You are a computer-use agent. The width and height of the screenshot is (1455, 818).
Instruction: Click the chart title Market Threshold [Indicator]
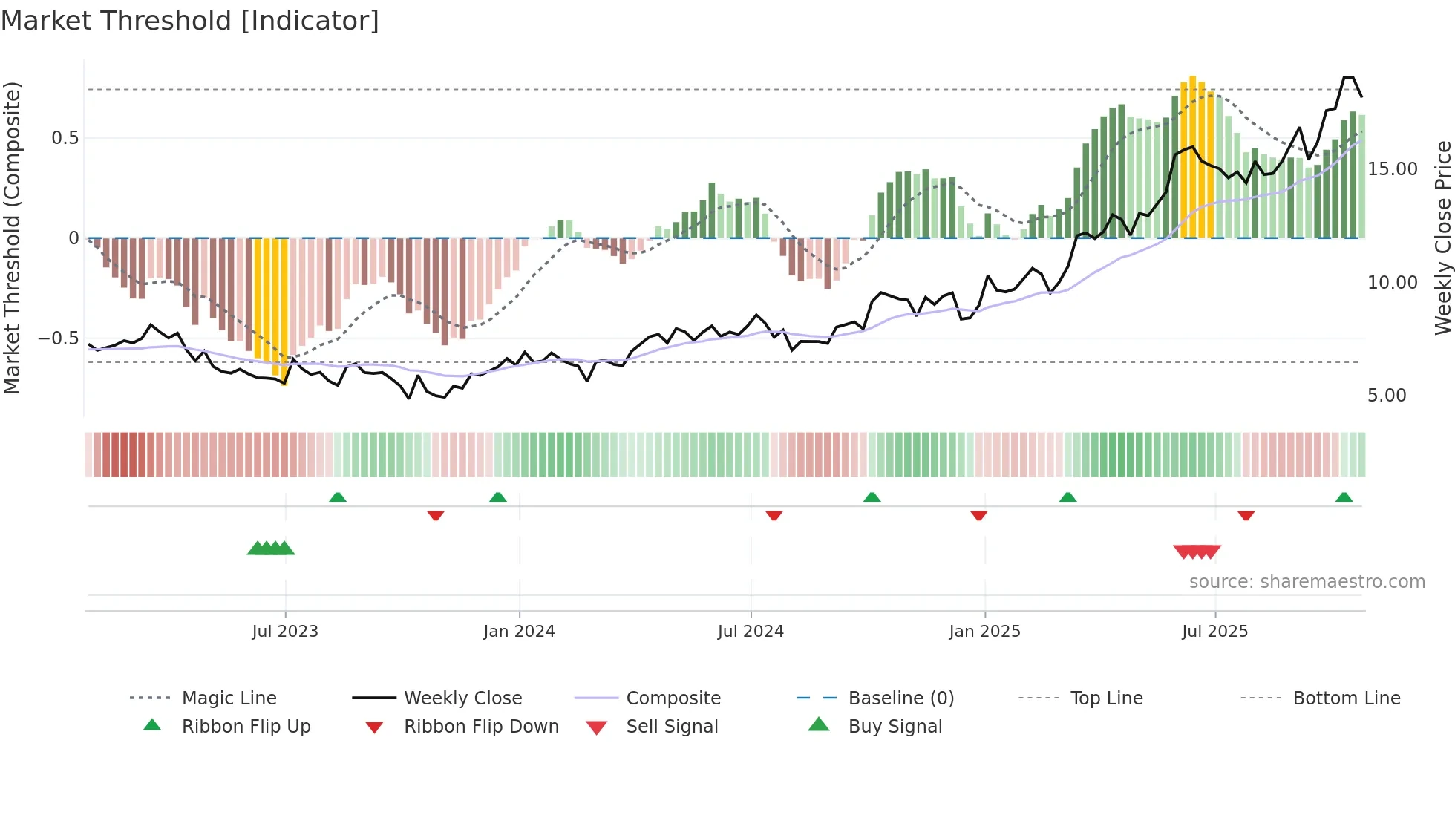pyautogui.click(x=190, y=21)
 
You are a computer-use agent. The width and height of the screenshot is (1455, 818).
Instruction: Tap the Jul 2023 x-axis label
pyautogui.click(x=285, y=632)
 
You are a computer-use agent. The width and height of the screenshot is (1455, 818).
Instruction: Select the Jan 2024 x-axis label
pyautogui.click(x=519, y=632)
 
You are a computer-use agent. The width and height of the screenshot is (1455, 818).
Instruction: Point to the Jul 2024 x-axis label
pyautogui.click(x=751, y=632)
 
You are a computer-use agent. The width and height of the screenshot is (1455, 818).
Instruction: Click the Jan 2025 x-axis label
pyautogui.click(x=984, y=632)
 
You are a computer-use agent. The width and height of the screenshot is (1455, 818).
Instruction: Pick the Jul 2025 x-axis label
pyautogui.click(x=1214, y=632)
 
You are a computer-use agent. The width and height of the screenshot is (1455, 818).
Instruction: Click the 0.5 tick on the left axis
pyautogui.click(x=65, y=138)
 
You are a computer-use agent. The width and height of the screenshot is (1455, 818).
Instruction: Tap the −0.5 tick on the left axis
pyautogui.click(x=59, y=338)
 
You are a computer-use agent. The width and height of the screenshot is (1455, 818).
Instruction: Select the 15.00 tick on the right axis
pyautogui.click(x=1393, y=169)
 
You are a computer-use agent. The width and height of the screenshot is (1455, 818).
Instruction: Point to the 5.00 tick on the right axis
pyautogui.click(x=1387, y=396)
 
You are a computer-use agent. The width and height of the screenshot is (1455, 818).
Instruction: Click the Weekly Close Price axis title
pyautogui.click(x=1442, y=238)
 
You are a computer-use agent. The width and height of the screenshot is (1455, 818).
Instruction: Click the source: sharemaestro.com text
pyautogui.click(x=1307, y=582)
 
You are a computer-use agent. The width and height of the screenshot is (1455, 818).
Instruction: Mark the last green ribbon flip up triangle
pyautogui.click(x=1344, y=497)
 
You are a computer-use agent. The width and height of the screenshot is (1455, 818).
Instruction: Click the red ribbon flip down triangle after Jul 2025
pyautogui.click(x=1246, y=515)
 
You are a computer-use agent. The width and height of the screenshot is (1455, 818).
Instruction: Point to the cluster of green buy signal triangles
pyautogui.click(x=271, y=549)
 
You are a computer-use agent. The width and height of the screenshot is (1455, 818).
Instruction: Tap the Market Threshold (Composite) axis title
pyautogui.click(x=12, y=238)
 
